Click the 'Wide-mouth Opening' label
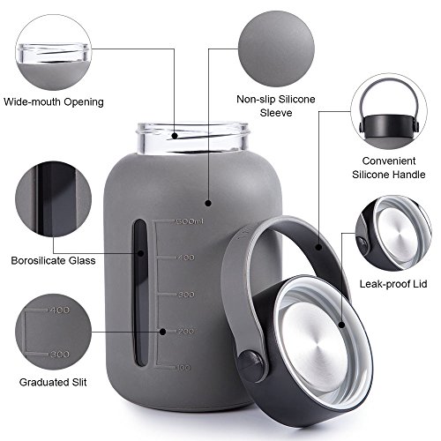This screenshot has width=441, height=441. point(54,102)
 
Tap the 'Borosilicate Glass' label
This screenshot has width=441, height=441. point(53,260)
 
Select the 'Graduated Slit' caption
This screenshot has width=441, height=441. point(53,382)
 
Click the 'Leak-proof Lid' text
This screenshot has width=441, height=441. point(393,284)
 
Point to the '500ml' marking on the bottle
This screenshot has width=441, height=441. point(190,221)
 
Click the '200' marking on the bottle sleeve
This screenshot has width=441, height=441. point(186,332)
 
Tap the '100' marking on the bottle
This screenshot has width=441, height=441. point(184,368)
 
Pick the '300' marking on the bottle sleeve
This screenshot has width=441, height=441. point(187,295)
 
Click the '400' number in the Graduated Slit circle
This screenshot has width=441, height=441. point(60,310)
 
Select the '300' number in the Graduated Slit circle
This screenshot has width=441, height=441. point(60,355)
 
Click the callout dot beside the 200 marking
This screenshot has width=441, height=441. point(162,332)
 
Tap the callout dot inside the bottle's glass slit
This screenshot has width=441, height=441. point(141,253)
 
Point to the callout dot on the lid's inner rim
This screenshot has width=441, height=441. point(341,325)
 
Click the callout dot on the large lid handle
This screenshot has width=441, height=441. point(318,247)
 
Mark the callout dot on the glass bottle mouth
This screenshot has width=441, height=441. point(175,136)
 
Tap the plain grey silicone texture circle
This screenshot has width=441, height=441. point(276,49)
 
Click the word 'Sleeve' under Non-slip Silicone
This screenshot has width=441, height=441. point(276,113)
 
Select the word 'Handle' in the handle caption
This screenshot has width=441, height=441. point(409,175)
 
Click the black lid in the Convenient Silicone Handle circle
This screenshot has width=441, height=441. point(389,126)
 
